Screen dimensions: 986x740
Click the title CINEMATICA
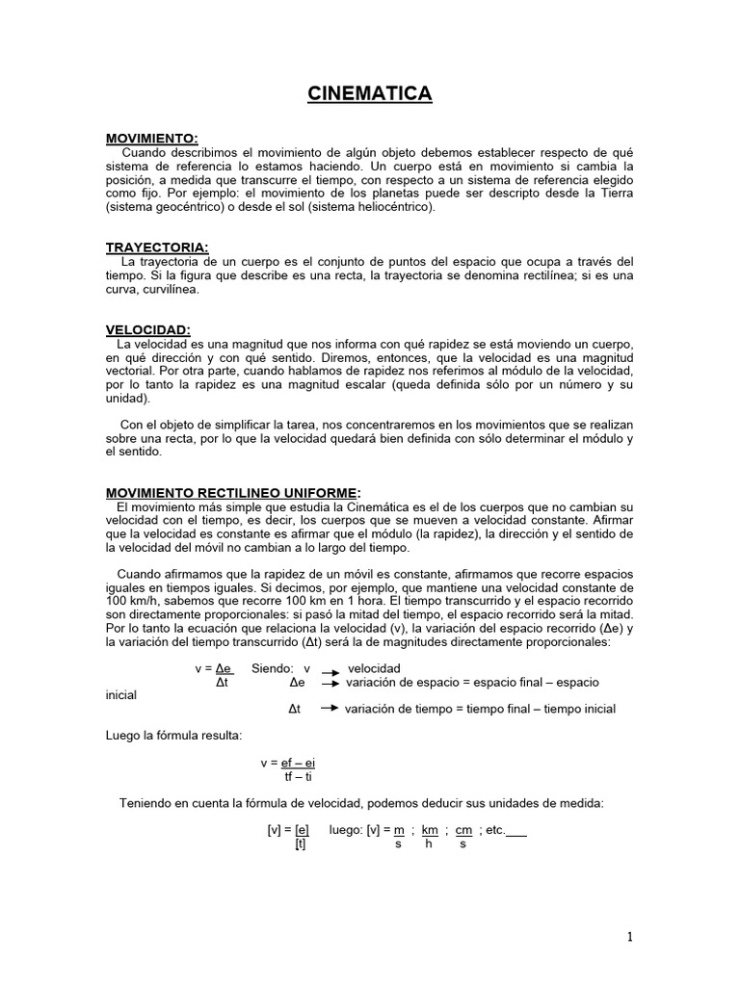click(x=369, y=93)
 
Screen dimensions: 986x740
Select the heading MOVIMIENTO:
click(x=151, y=140)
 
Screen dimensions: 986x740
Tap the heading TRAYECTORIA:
click(x=156, y=247)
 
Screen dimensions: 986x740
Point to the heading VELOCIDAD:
click(x=148, y=329)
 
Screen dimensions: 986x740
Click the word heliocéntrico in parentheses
click(x=386, y=206)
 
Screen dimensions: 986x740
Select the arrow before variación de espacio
click(x=330, y=683)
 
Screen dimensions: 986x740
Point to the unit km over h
click(x=429, y=836)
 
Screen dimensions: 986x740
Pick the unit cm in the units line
click(x=462, y=830)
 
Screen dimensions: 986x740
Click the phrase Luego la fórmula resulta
click(x=173, y=737)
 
